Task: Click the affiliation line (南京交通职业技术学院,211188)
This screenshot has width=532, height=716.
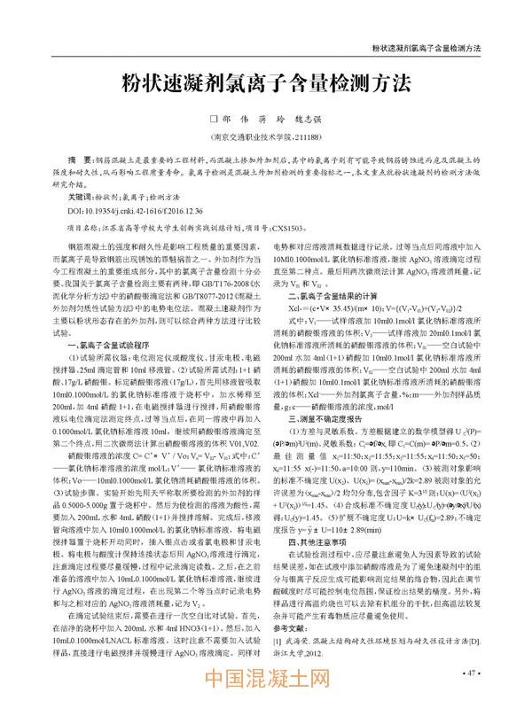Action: [265, 137]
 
